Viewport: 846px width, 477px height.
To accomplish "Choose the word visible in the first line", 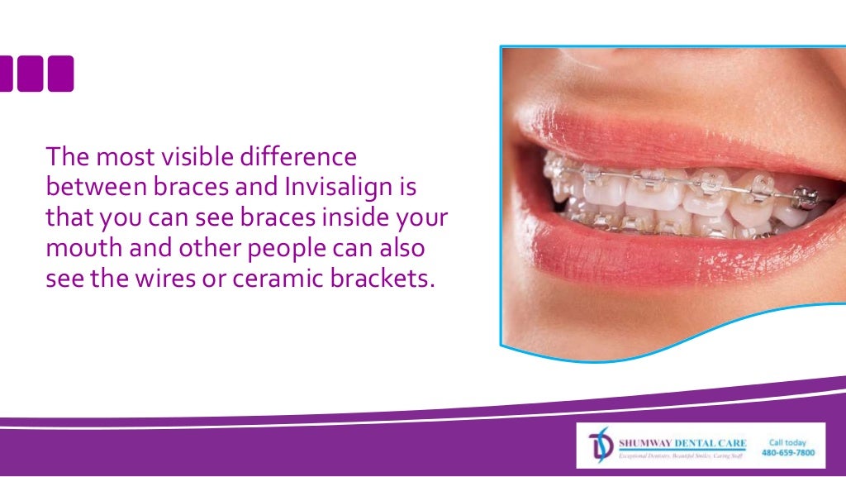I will tap(195, 156).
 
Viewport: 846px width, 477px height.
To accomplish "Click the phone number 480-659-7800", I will tap(787, 453).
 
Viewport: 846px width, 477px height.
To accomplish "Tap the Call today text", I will tap(787, 442).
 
